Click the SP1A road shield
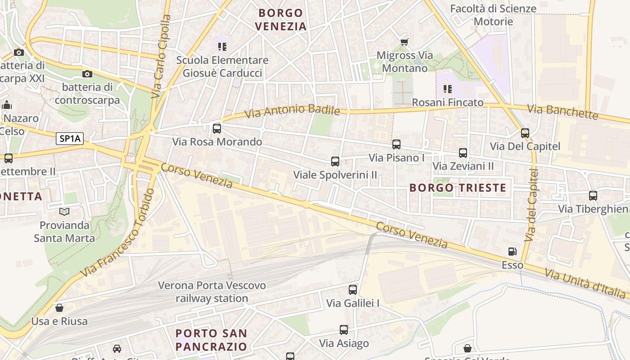70,139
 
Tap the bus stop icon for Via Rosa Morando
217,129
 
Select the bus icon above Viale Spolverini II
335,162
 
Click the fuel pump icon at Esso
512,252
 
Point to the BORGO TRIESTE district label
458,188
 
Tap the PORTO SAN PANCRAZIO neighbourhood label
211,340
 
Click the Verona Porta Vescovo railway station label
212,292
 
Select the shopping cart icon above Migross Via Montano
404,42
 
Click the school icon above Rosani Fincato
447,89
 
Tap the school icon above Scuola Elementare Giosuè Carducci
222,47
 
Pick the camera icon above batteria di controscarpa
87,74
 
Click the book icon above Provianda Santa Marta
64,211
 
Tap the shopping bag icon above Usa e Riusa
59,308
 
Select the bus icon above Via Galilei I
353,290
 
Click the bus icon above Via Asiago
344,330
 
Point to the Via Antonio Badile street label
292,111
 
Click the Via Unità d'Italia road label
585,283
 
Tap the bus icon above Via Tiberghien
593,196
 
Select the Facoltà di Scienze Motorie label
493,15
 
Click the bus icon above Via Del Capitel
525,133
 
